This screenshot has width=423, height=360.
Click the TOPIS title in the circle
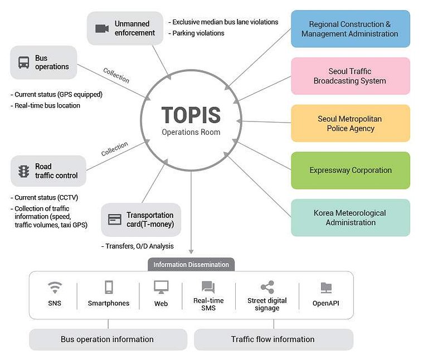pyautogui.click(x=191, y=115)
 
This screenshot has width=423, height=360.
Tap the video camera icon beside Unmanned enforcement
pyautogui.click(x=102, y=28)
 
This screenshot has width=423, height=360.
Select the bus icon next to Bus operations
pyautogui.click(x=24, y=62)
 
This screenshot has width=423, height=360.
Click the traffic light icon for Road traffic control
pyautogui.click(x=24, y=171)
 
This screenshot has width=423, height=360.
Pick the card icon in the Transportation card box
pyautogui.click(x=115, y=219)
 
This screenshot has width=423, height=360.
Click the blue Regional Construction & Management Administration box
pyautogui.click(x=351, y=29)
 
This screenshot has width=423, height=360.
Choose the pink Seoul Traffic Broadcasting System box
pyautogui.click(x=351, y=76)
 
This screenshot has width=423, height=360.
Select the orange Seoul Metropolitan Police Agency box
pyautogui.click(x=351, y=123)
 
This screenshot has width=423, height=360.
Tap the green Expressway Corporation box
pyautogui.click(x=351, y=171)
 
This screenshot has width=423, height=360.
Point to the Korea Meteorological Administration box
pyautogui.click(x=351, y=218)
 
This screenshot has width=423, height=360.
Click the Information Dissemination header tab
pyautogui.click(x=191, y=265)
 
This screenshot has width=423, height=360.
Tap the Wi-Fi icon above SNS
pyautogui.click(x=55, y=288)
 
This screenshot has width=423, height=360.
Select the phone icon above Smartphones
pyautogui.click(x=109, y=287)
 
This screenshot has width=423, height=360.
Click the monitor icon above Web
pyautogui.click(x=161, y=287)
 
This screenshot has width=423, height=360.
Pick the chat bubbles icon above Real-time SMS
pyautogui.click(x=208, y=287)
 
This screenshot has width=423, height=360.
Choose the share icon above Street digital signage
pyautogui.click(x=268, y=287)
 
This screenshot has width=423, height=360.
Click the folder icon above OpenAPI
pyautogui.click(x=326, y=288)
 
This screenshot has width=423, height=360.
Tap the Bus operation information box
pyautogui.click(x=108, y=339)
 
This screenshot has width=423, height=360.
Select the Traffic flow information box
pyautogui.click(x=274, y=339)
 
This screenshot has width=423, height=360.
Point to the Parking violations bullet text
pyautogui.click(x=196, y=33)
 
